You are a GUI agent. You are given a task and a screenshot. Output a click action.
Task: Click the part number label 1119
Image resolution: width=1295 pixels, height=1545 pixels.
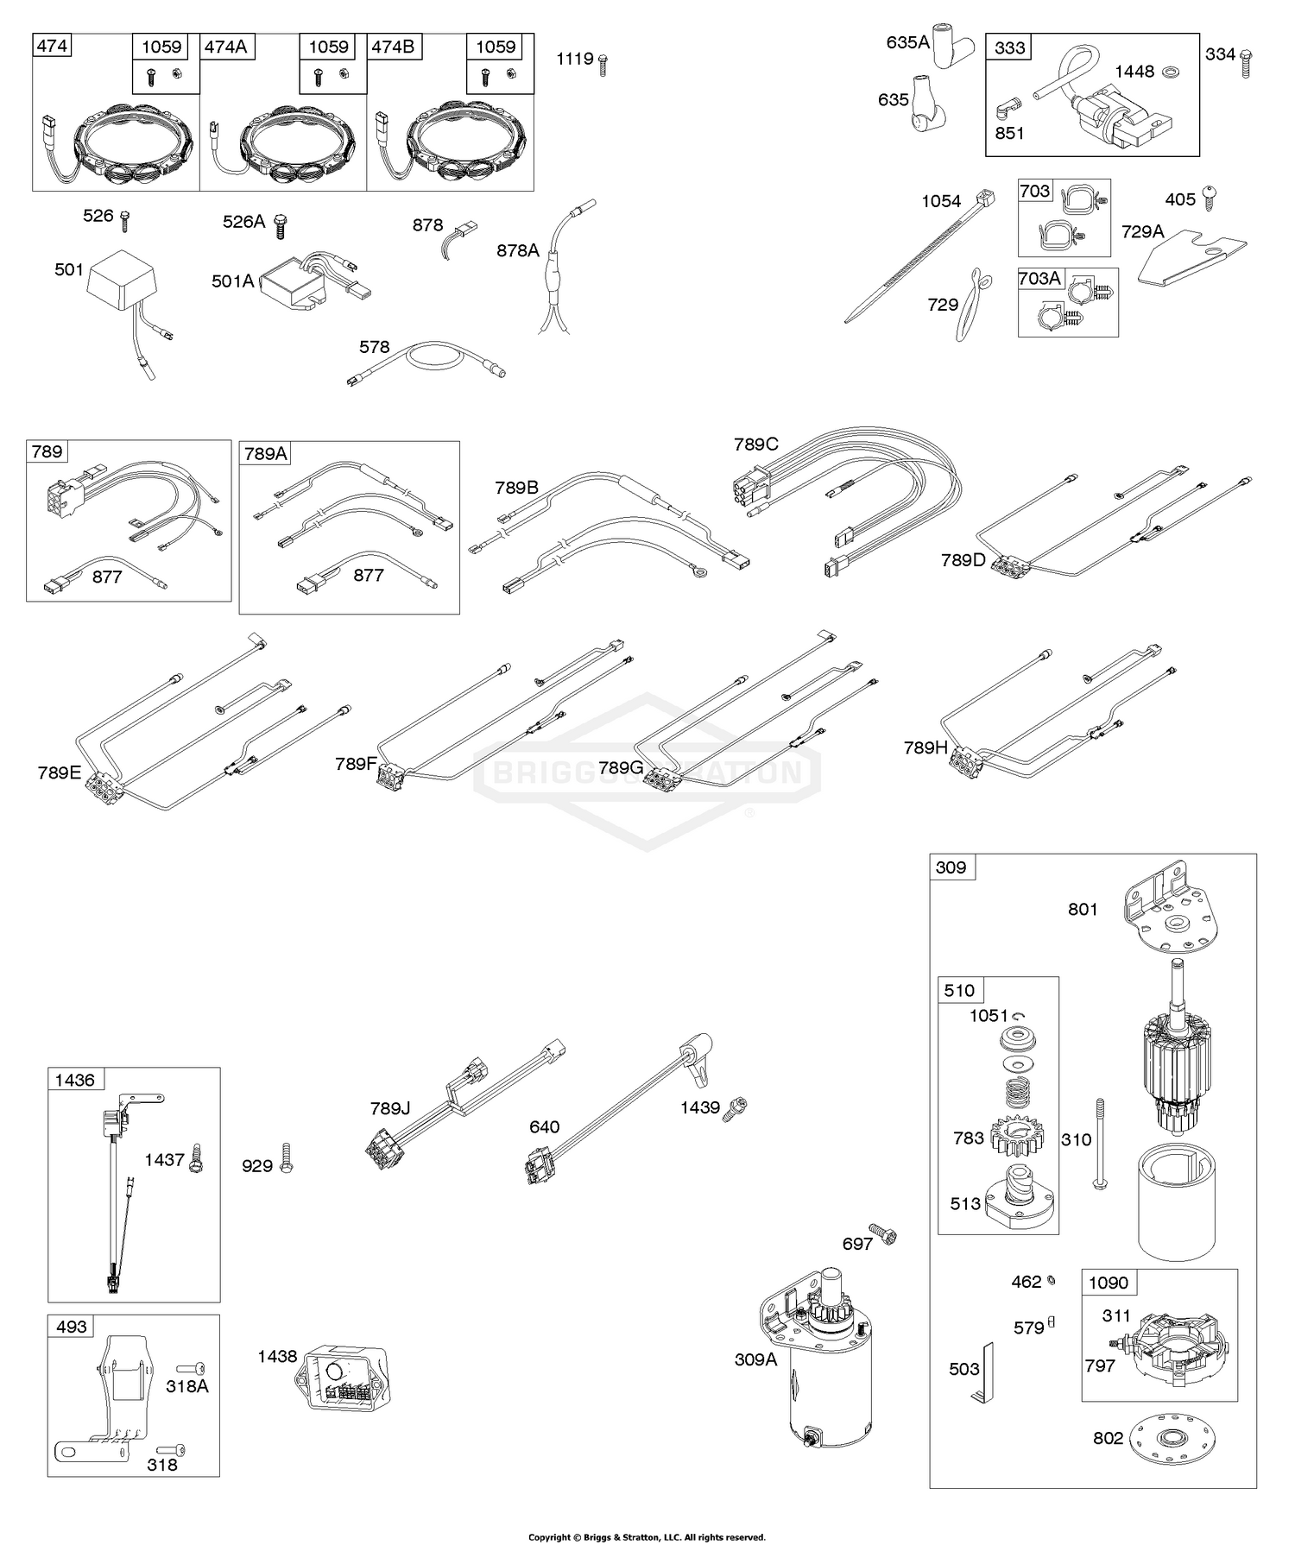click(575, 59)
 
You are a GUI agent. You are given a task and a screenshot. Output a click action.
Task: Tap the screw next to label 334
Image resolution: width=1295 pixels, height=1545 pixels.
click(1245, 63)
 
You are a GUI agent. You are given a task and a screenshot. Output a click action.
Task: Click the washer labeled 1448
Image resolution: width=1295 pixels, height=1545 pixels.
click(1172, 71)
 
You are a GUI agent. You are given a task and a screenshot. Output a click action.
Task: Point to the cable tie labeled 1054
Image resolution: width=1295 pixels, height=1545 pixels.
click(916, 255)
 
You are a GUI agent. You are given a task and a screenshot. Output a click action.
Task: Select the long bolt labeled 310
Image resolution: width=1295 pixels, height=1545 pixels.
click(1099, 1145)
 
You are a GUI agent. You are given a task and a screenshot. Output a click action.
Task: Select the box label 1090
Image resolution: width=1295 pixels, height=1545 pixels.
click(1108, 1283)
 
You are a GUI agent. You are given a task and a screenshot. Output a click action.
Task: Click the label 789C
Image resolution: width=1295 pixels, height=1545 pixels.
click(755, 445)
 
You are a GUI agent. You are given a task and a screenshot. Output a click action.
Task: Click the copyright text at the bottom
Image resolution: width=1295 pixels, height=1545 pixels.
click(647, 1537)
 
